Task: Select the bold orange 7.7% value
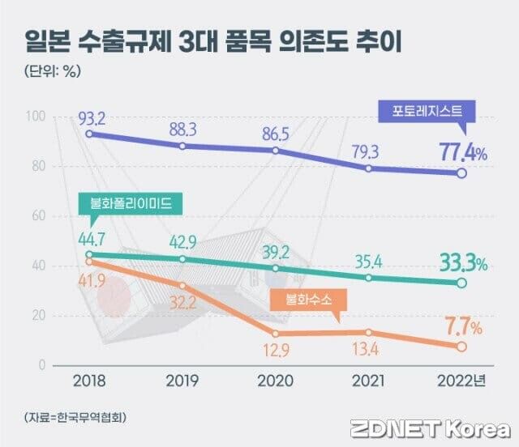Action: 462,328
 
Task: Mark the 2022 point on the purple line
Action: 461,173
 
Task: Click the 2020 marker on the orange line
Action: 277,334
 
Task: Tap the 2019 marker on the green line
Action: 183,259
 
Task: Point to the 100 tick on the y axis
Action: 37,117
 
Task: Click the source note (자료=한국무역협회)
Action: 75,417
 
